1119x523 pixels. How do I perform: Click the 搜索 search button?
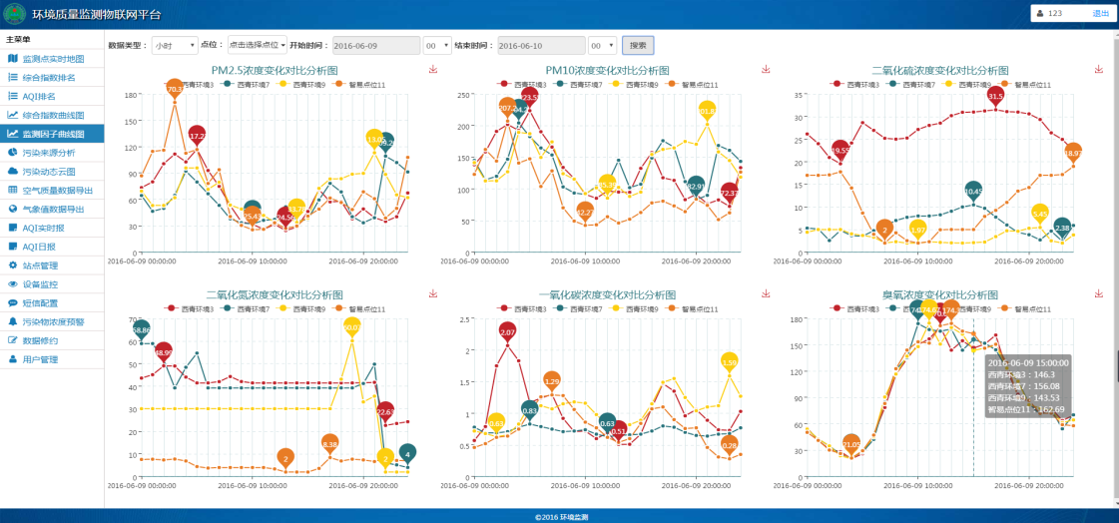pyautogui.click(x=638, y=45)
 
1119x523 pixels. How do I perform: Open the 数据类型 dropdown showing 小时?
pyautogui.click(x=176, y=46)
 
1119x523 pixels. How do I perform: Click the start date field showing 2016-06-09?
pyautogui.click(x=374, y=46)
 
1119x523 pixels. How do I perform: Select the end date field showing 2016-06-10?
pyautogui.click(x=540, y=46)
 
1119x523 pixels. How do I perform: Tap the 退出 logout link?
pyautogui.click(x=1100, y=13)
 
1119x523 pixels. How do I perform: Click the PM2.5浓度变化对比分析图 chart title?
pyautogui.click(x=275, y=70)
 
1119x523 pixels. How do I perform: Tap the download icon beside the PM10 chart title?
pyautogui.click(x=766, y=69)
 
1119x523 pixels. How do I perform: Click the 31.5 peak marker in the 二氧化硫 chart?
pyautogui.click(x=995, y=96)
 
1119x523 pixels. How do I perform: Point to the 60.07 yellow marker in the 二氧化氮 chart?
pyautogui.click(x=352, y=326)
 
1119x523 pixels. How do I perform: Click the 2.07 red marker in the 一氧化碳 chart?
pyautogui.click(x=507, y=331)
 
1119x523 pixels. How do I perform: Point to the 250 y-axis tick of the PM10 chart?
pyautogui.click(x=462, y=95)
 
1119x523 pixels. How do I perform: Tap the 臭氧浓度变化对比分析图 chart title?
pyautogui.click(x=939, y=295)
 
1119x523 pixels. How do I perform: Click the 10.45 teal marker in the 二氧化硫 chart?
pyautogui.click(x=974, y=190)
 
